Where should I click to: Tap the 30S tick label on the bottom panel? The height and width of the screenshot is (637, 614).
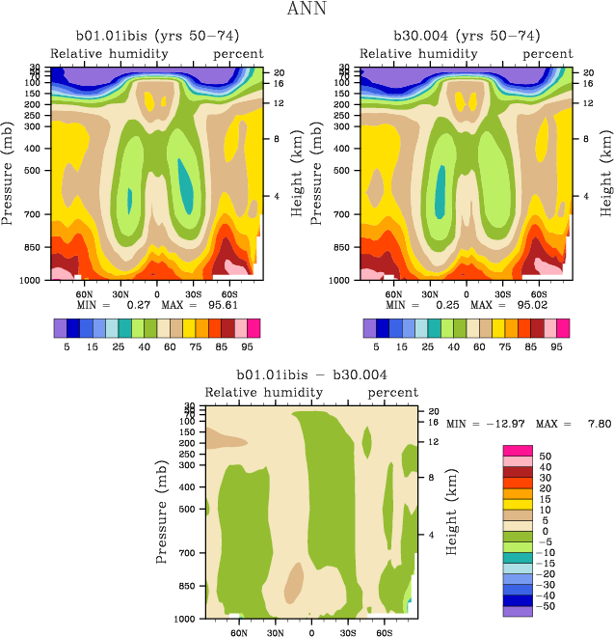[x=348, y=633]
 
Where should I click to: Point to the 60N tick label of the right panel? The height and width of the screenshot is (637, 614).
[x=393, y=293]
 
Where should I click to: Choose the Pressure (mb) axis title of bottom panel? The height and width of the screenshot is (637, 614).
[x=162, y=512]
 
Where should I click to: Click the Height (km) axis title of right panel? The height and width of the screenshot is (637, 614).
[x=606, y=174]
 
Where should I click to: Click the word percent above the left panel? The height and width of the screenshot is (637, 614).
[x=238, y=53]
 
